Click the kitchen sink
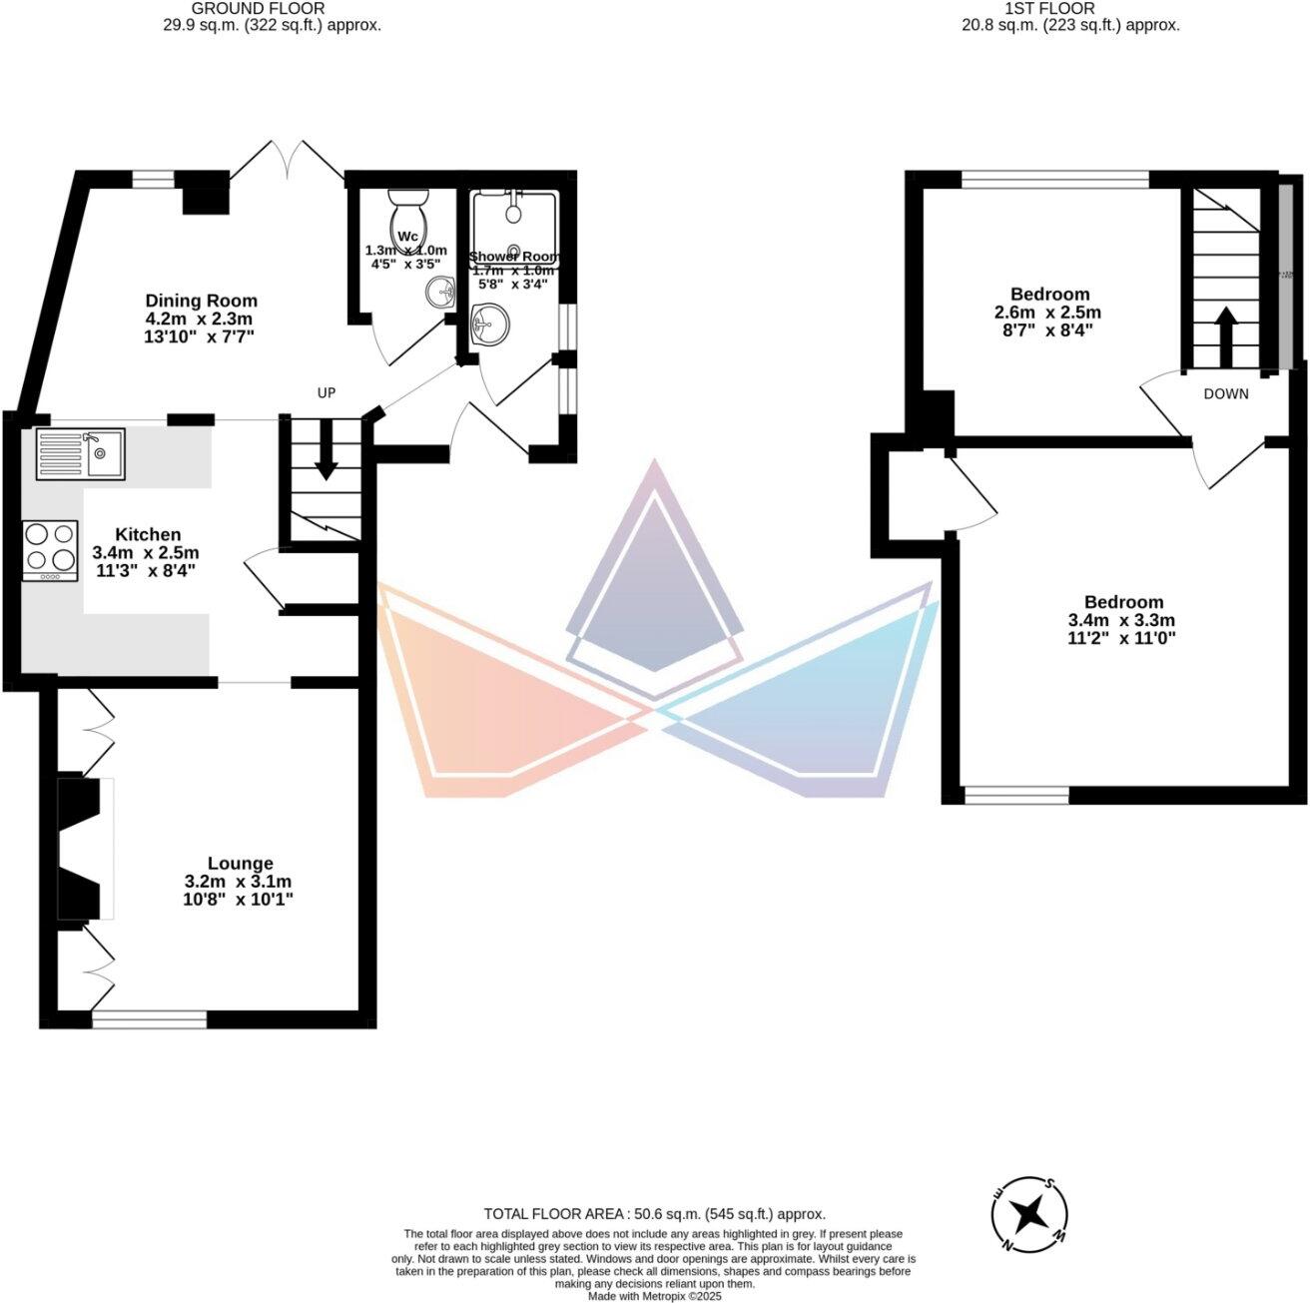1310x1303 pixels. click(x=80, y=453)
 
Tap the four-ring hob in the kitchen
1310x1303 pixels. click(x=50, y=550)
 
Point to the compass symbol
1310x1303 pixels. click(x=1028, y=1214)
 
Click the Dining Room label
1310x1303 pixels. click(x=201, y=301)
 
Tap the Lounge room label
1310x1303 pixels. click(x=240, y=863)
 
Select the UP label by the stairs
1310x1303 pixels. click(x=327, y=393)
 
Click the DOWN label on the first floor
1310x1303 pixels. click(x=1225, y=393)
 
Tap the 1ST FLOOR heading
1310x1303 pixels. click(x=1064, y=8)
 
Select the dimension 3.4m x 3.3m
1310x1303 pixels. click(x=1123, y=620)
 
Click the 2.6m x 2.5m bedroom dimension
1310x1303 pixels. click(x=1048, y=313)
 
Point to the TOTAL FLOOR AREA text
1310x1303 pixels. click(x=654, y=1214)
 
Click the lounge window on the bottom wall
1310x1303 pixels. click(x=149, y=1019)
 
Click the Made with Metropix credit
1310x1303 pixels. click(x=654, y=1296)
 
